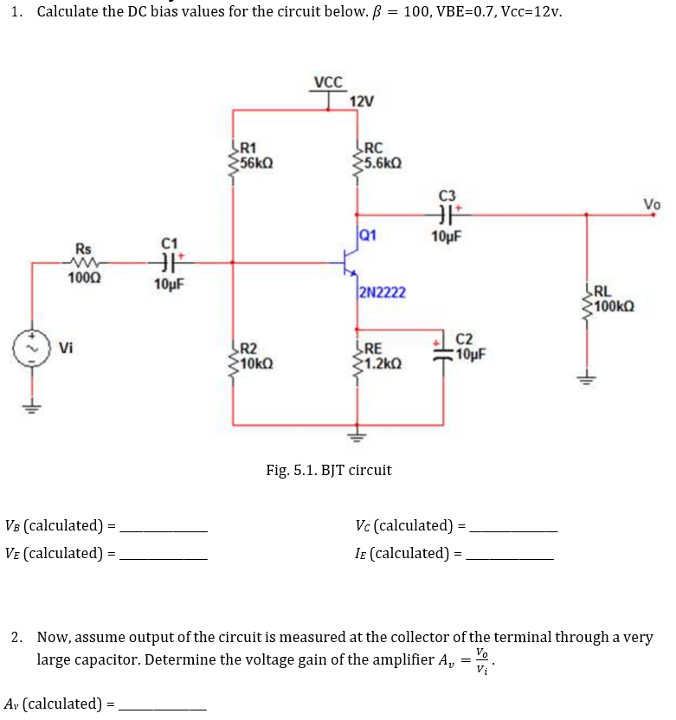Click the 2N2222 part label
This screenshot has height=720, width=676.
377,292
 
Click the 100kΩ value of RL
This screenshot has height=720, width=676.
615,306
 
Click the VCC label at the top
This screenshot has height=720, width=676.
328,83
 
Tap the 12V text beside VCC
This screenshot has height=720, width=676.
361,102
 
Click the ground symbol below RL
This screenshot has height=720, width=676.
588,378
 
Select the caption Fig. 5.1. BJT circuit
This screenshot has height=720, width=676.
328,470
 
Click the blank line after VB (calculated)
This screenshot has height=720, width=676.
164,527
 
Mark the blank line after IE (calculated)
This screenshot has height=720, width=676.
509,555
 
